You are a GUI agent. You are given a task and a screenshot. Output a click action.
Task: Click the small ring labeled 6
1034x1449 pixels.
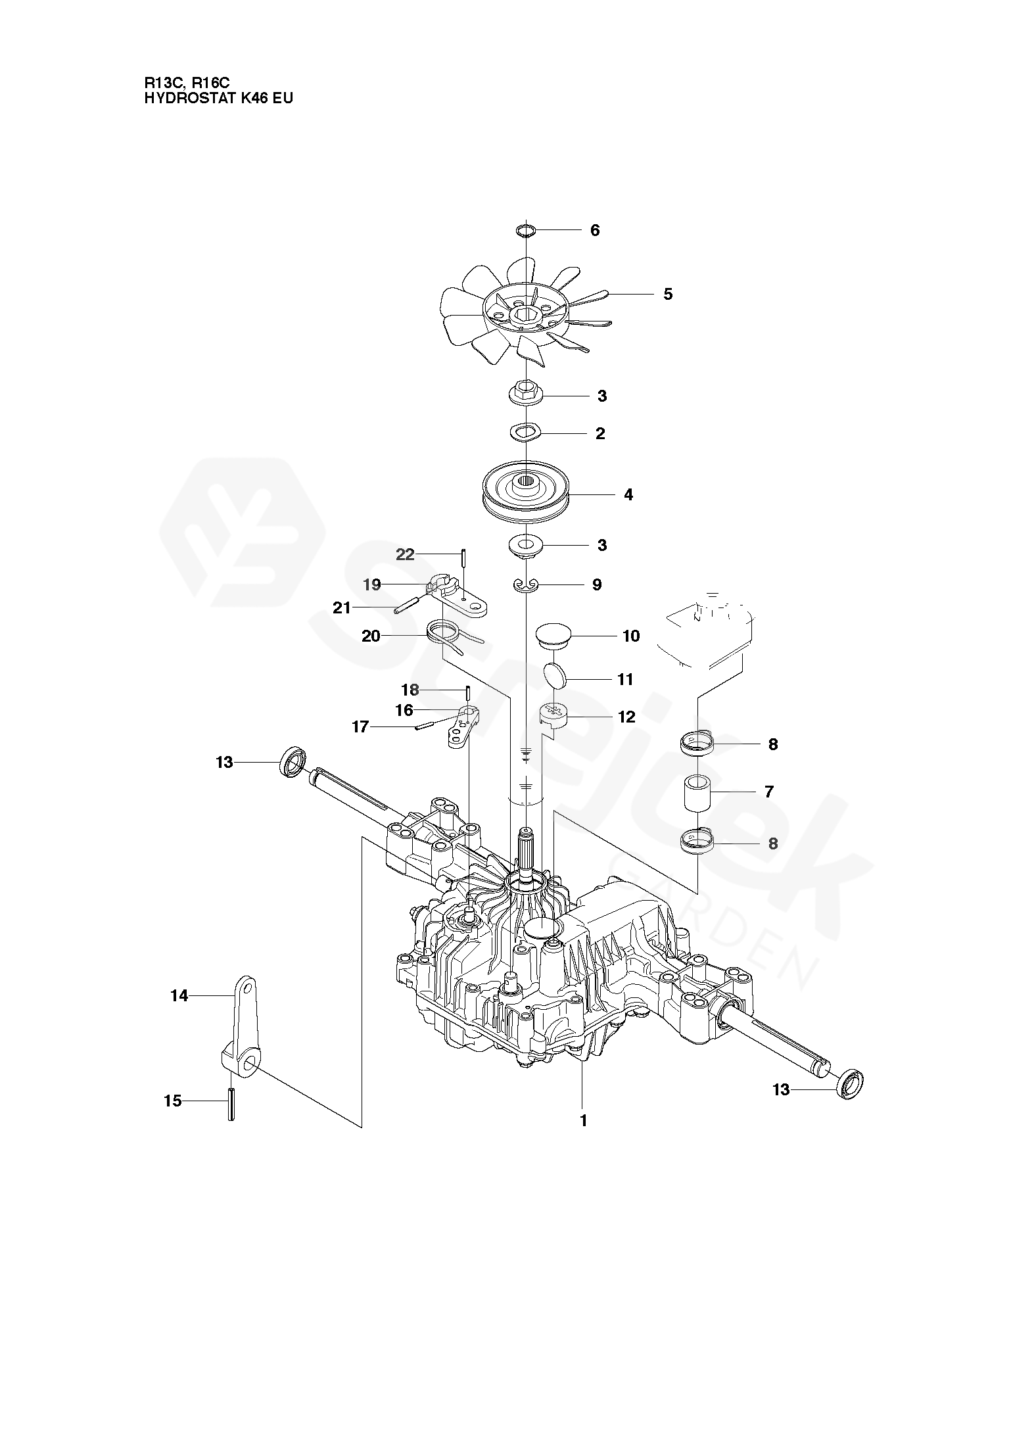(526, 229)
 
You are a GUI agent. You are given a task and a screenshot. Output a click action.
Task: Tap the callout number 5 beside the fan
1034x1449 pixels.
(668, 294)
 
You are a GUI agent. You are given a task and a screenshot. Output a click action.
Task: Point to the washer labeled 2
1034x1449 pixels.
(525, 432)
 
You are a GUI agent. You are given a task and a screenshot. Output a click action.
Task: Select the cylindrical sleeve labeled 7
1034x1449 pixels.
(697, 793)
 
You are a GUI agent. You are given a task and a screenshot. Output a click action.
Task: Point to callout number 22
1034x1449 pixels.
(405, 554)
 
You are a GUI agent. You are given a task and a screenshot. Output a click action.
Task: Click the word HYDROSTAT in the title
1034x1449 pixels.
(187, 99)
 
